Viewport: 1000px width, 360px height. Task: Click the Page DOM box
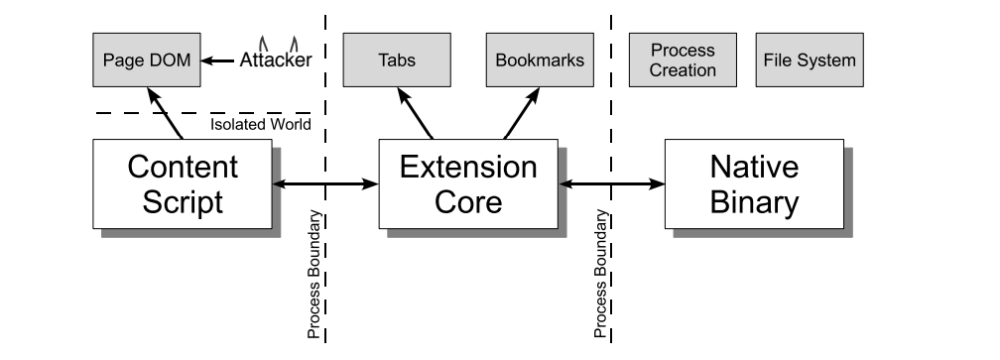coord(146,60)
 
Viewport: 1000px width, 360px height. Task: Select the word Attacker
coord(275,60)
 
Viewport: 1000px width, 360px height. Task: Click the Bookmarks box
coord(541,60)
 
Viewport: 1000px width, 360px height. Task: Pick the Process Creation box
coord(683,60)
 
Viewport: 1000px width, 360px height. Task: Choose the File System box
coord(810,60)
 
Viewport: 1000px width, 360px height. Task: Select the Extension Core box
coord(467,182)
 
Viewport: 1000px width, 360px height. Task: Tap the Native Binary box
coord(754,182)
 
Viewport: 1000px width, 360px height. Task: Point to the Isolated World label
coord(260,125)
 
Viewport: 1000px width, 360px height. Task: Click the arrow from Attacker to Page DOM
coord(219,60)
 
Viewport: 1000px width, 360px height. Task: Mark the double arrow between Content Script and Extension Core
coord(325,183)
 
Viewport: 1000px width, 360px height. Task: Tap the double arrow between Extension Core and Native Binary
coord(611,183)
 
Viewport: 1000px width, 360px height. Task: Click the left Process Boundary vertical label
coord(312,275)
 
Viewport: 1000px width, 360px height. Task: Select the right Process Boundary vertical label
coord(600,275)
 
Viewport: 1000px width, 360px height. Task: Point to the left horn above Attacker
coord(262,42)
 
